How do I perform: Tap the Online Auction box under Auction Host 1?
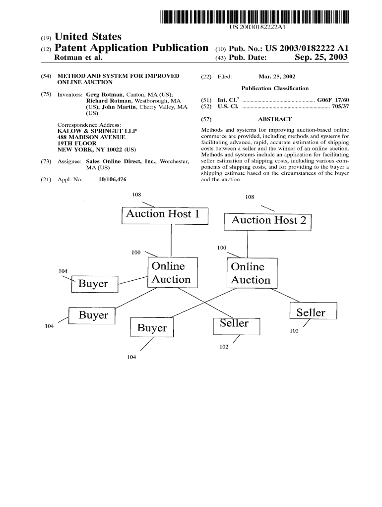[172, 273]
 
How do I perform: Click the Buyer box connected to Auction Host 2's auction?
[152, 328]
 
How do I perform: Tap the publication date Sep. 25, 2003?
[321, 58]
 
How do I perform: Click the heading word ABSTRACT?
[275, 119]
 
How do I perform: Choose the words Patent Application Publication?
[130, 48]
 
